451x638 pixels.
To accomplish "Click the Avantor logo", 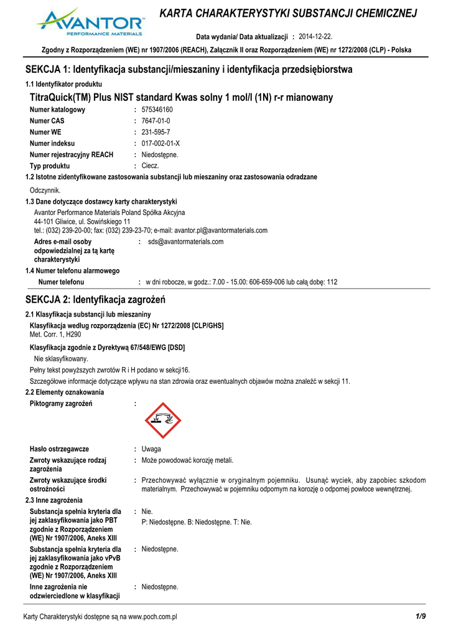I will (90, 22).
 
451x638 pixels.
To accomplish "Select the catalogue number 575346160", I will (157, 110).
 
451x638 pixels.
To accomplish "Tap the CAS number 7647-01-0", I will (156, 121).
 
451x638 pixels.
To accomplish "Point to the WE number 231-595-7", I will (156, 132).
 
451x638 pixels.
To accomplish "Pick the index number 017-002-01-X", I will (160, 143).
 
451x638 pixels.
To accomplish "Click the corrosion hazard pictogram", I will (164, 421).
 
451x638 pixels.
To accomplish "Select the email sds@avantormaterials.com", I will (185, 242).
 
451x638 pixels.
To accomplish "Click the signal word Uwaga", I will (151, 449).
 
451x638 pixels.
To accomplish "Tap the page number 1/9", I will (421, 616).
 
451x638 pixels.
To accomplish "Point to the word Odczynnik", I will (45, 190).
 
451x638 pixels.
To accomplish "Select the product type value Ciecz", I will (151, 166).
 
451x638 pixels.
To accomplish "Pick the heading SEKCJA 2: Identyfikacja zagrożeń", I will (95, 300).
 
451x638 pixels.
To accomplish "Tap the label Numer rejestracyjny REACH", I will (72, 155).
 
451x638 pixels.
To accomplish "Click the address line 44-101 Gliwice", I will (82, 221).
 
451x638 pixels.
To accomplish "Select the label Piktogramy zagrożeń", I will (61, 404).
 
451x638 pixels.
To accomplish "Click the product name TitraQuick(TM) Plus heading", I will (181, 97).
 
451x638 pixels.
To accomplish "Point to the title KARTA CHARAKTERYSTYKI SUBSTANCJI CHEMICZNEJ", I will (289, 14).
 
